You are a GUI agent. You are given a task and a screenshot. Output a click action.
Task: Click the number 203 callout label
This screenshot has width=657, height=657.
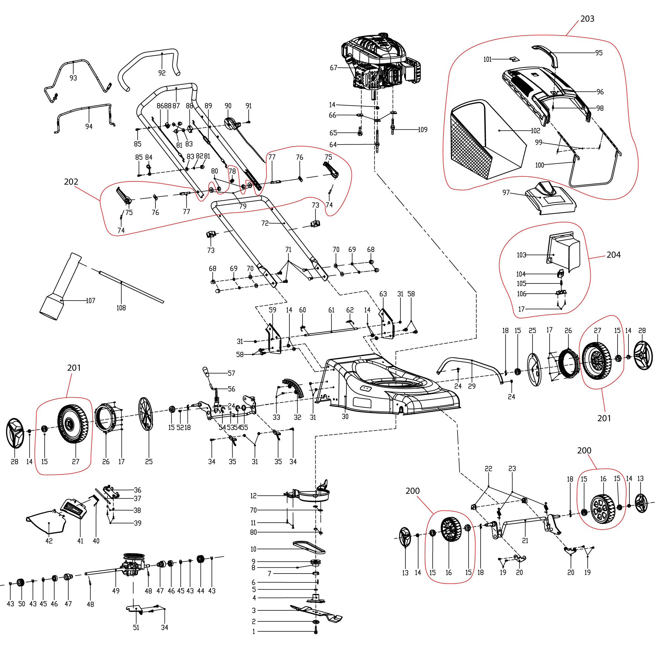pyautogui.click(x=587, y=19)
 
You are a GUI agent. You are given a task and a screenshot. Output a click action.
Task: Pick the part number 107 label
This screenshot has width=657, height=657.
pyautogui.click(x=90, y=301)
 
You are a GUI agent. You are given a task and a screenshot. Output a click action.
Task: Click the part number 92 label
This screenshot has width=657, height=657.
pyautogui.click(x=162, y=73)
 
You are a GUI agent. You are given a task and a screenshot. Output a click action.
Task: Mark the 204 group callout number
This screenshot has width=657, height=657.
pyautogui.click(x=613, y=255)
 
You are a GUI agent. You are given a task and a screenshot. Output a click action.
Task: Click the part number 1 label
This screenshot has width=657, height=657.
pyautogui.click(x=254, y=631)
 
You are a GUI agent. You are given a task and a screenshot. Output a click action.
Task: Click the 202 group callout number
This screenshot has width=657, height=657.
pyautogui.click(x=71, y=182)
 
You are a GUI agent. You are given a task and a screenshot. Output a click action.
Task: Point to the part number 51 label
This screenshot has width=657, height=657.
pyautogui.click(x=136, y=627)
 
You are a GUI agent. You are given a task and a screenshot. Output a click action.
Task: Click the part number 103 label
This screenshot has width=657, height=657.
pyautogui.click(x=521, y=255)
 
